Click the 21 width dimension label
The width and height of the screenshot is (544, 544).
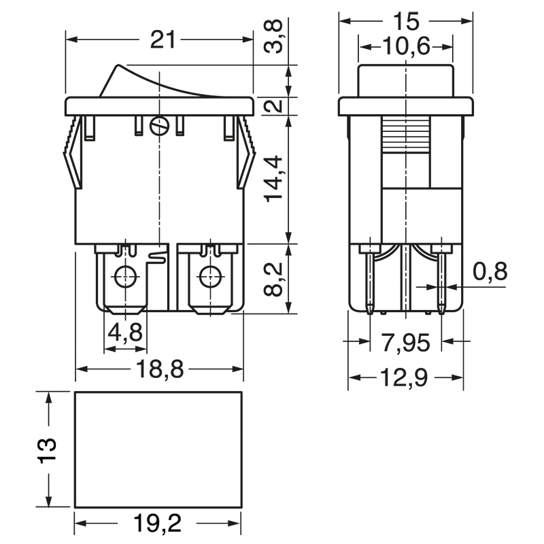point(163,40)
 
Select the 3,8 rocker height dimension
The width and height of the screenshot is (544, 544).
point(273,36)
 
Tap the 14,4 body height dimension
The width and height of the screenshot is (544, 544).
point(273,179)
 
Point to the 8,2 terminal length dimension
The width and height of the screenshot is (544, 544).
point(273,279)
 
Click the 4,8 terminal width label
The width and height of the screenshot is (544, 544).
point(125,332)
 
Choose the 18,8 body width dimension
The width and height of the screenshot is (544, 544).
point(160,369)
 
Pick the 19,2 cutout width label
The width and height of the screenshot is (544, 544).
point(158,523)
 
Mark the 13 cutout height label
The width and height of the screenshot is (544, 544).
point(47,450)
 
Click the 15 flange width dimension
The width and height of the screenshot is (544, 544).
point(406,22)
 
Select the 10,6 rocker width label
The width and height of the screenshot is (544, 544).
point(406,46)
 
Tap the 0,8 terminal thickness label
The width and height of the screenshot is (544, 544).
point(490,271)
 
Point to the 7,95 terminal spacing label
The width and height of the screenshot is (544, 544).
point(406,342)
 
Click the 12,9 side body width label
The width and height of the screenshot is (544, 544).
point(405,377)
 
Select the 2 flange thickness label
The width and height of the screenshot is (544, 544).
point(273,105)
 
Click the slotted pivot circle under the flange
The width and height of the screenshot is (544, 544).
point(159,125)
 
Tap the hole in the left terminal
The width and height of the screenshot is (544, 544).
point(125,277)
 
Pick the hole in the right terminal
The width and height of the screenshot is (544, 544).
point(210,277)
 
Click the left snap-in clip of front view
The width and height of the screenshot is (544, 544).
point(73,152)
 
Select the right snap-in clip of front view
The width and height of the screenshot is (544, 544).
point(246,152)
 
